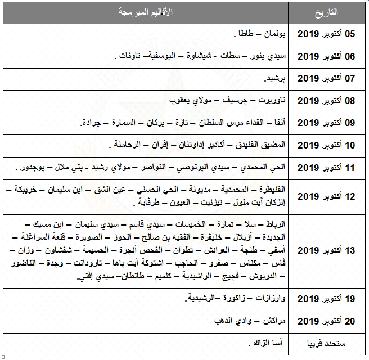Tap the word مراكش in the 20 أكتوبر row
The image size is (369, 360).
click(275, 321)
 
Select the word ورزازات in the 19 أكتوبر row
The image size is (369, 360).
click(271, 299)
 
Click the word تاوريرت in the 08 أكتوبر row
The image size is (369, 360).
click(271, 101)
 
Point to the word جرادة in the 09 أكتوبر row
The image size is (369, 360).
click(93, 123)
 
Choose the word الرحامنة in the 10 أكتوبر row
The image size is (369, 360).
click(126, 145)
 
